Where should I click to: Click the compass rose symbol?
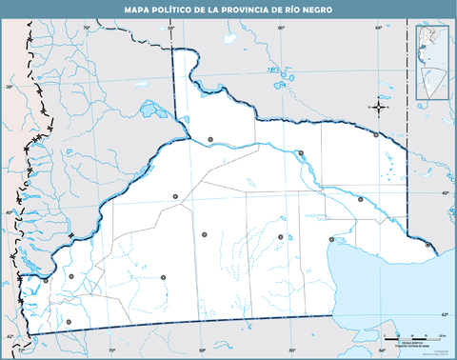point(379,108)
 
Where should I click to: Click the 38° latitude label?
point(10,87)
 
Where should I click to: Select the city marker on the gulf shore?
point(330,239)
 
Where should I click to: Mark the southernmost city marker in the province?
point(68,323)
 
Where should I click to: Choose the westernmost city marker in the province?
point(45,281)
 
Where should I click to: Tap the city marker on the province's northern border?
point(377,135)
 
